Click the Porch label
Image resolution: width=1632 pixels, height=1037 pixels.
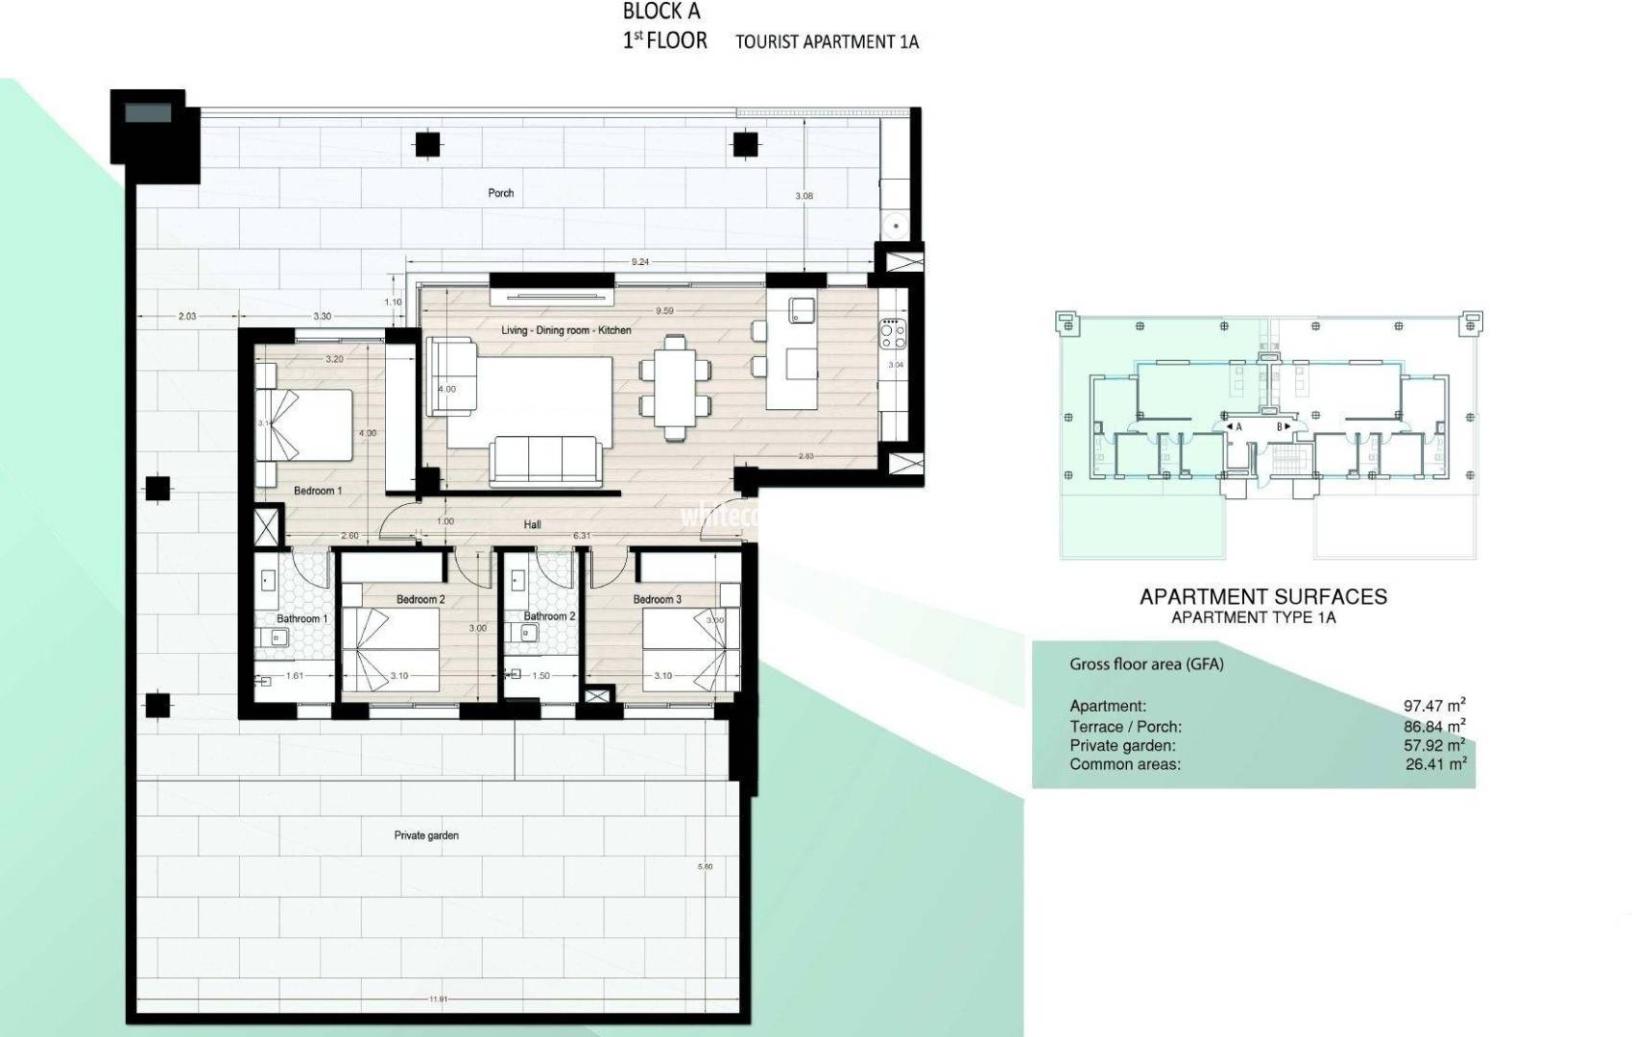point(500,193)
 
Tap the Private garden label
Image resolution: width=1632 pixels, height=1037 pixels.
point(426,835)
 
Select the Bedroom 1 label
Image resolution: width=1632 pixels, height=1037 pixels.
point(318,491)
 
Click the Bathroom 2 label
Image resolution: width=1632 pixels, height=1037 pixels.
point(549,616)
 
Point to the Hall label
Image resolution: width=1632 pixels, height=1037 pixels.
point(533,524)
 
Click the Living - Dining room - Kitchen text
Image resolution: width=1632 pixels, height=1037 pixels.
point(566,330)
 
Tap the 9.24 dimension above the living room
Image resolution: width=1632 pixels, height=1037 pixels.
point(640,262)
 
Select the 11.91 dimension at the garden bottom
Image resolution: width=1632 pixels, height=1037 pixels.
point(439,1000)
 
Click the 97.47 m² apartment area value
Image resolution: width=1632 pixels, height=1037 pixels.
point(1434,706)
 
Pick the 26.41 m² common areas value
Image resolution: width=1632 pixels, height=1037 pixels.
point(1435,764)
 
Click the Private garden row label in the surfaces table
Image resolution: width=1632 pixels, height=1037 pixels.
point(1122,745)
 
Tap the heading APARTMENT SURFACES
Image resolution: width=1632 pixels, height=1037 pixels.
point(1262,596)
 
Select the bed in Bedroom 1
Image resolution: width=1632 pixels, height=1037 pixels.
point(305,425)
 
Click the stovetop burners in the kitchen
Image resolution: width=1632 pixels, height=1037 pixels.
point(891,333)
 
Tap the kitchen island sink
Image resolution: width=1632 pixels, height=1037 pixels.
point(802,310)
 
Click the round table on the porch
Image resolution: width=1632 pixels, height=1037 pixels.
point(896,226)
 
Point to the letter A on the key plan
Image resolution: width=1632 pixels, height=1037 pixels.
point(1238,427)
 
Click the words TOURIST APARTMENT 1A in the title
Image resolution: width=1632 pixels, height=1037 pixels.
point(827,42)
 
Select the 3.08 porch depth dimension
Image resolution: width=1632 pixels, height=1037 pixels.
point(804,196)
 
